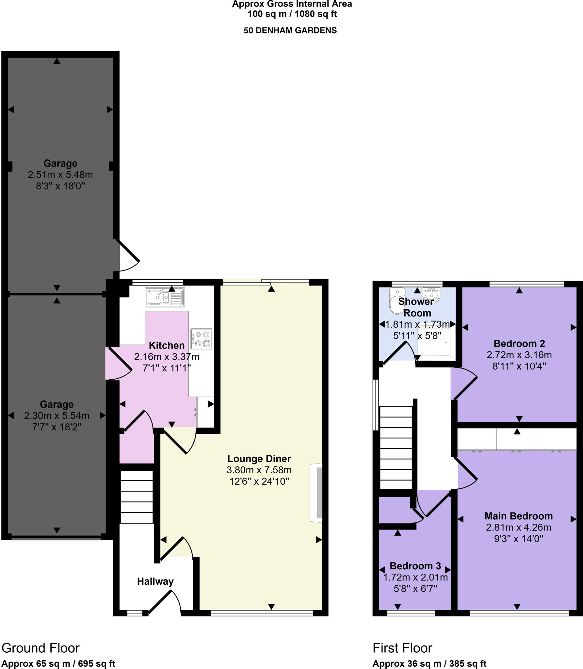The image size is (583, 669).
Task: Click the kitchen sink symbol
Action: (x=165, y=297)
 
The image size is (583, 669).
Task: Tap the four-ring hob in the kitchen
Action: (x=202, y=339)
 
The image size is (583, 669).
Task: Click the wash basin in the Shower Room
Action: (x=432, y=295)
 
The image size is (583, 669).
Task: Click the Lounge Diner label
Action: (x=259, y=459)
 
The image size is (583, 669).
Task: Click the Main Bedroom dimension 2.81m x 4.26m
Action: (x=518, y=527)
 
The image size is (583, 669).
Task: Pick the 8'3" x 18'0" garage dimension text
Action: (x=60, y=186)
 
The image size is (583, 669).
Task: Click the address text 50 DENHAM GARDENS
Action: (x=290, y=30)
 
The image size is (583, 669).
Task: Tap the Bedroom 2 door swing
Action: (x=464, y=385)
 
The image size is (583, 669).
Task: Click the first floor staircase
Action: (x=396, y=448)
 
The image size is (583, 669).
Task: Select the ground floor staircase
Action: (x=137, y=497)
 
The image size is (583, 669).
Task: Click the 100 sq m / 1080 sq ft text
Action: (x=292, y=14)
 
